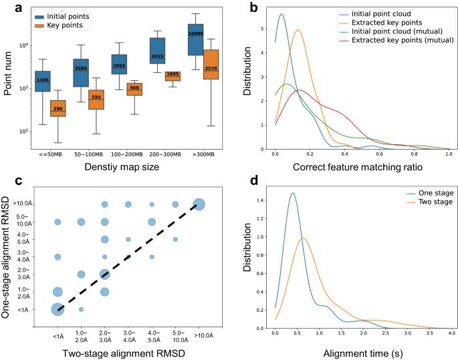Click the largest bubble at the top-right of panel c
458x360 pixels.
(199, 204)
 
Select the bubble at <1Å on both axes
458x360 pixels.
(58, 309)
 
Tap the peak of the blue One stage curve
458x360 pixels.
(293, 194)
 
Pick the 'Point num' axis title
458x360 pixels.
(9, 75)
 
